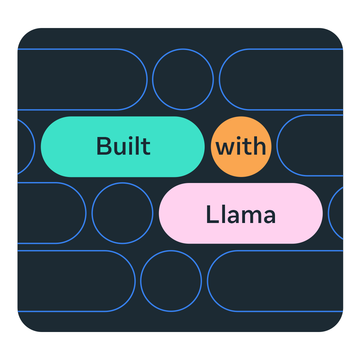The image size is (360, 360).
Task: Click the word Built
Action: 123,147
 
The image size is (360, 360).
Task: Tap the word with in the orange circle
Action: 241,147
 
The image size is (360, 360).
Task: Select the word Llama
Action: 241,214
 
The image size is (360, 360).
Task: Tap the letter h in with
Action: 260,147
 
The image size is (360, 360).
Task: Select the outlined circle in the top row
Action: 183,79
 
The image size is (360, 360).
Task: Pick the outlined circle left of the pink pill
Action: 122,213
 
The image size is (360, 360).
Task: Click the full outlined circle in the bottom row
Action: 171,281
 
